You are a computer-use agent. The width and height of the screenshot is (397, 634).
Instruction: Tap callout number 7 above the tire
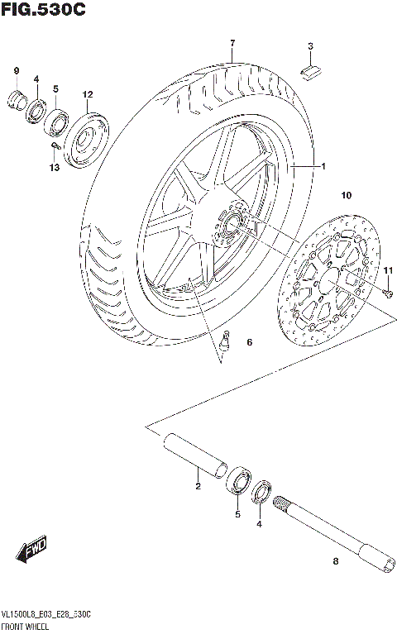click(233, 43)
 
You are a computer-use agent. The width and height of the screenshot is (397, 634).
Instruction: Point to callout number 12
click(88, 94)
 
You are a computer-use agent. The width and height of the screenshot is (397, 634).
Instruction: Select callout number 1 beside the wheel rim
click(323, 166)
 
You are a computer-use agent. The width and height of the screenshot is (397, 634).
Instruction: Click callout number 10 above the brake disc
click(347, 196)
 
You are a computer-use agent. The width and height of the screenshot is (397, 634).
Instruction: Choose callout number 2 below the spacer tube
click(198, 486)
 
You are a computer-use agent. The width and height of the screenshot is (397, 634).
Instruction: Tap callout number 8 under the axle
click(335, 562)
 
